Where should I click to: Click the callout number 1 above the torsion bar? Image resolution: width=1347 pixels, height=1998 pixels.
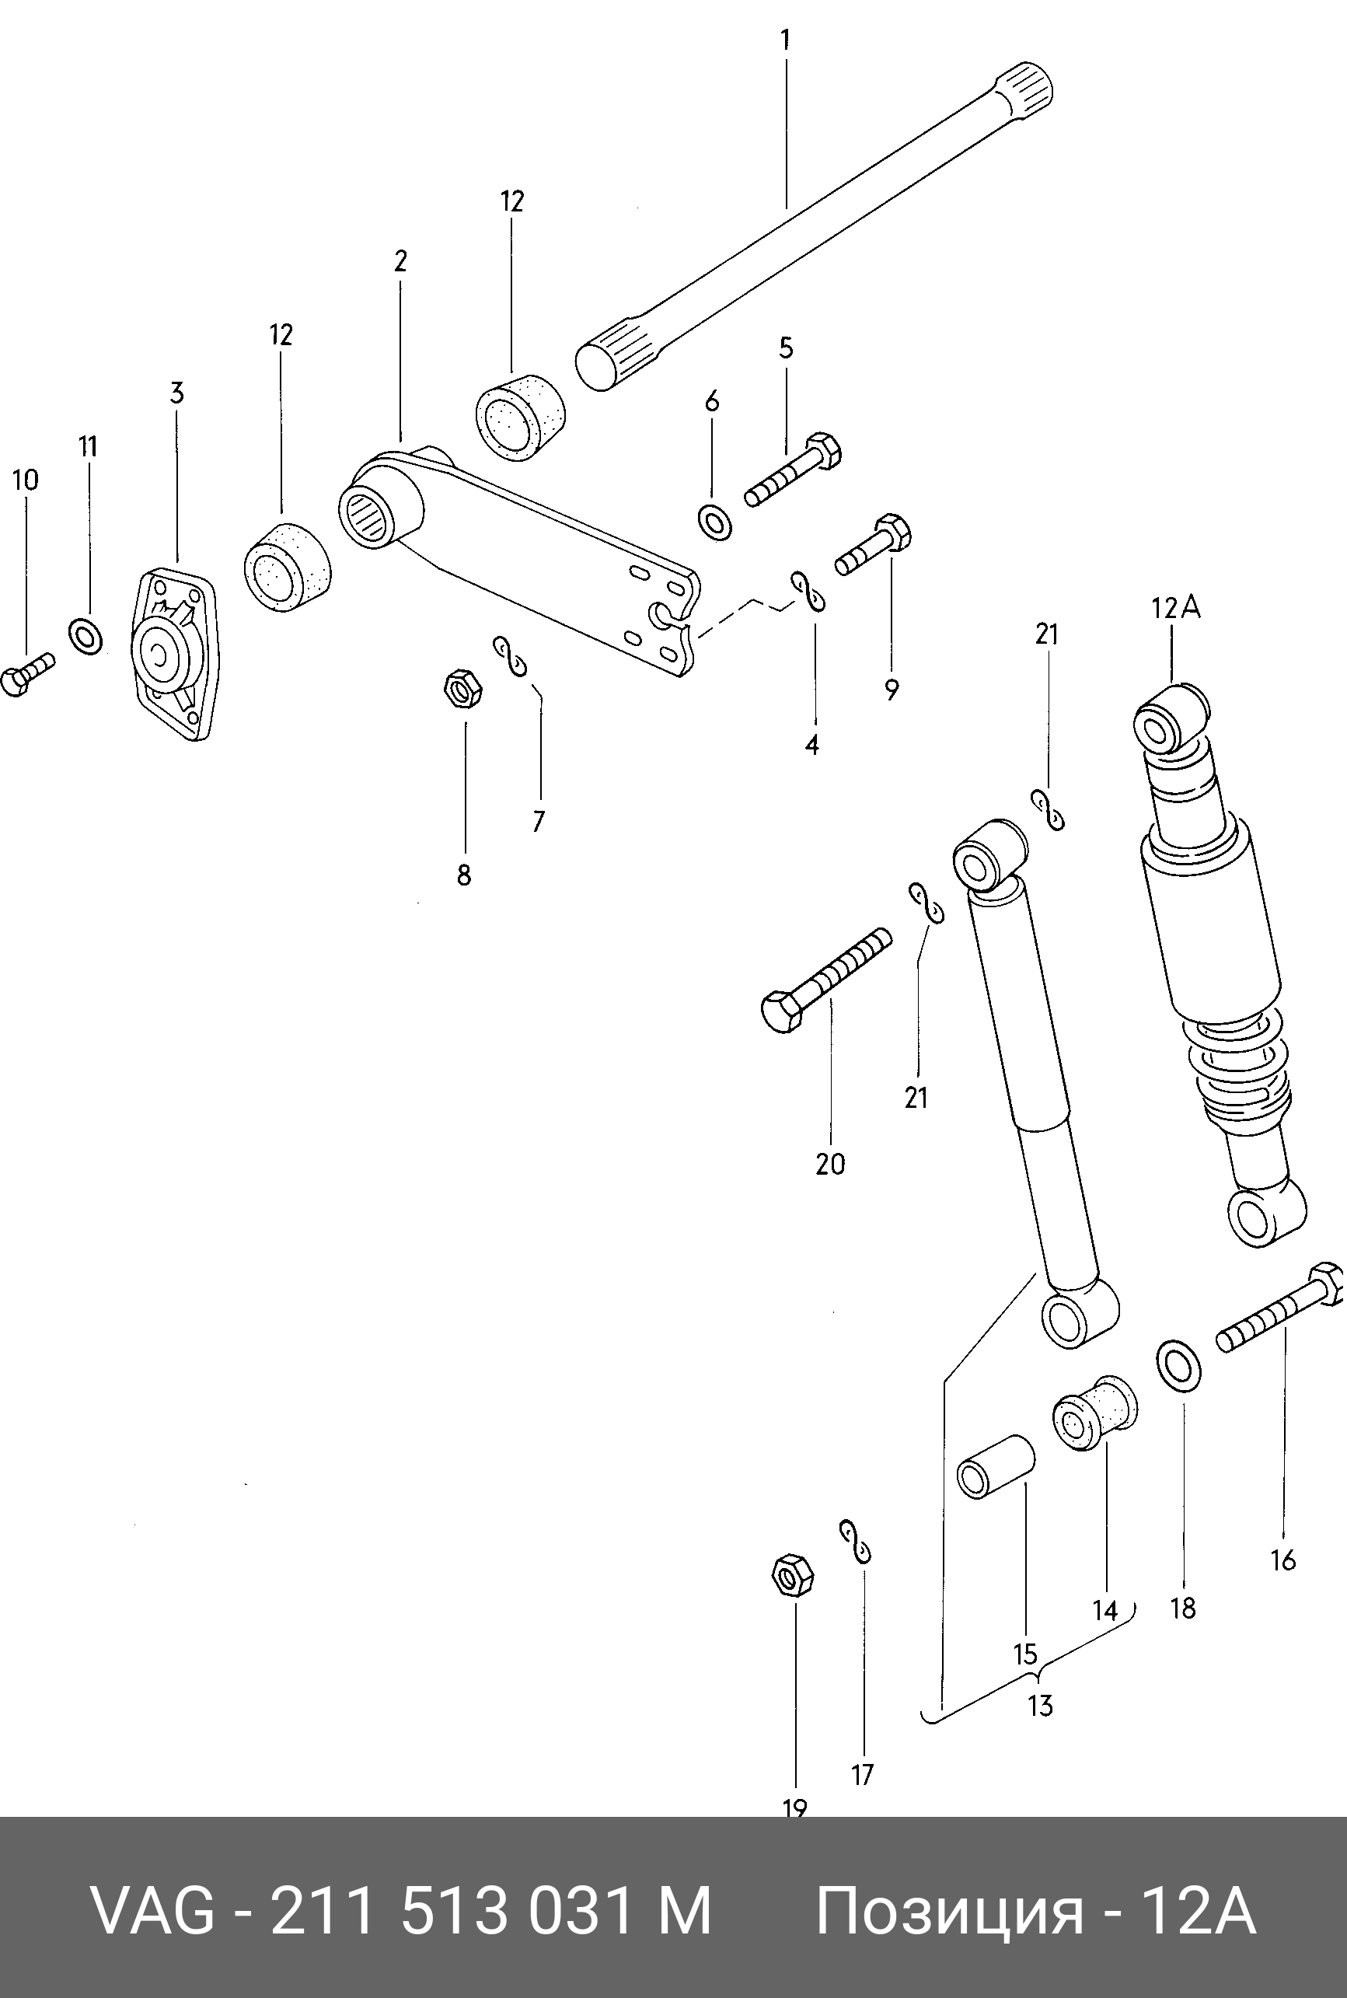[784, 40]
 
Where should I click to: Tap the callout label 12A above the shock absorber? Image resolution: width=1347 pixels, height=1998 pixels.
[1175, 608]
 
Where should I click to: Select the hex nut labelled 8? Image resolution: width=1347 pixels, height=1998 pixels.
[462, 688]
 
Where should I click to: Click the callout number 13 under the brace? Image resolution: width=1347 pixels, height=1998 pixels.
[1040, 1704]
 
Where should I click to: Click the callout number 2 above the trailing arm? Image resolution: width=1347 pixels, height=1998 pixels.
[400, 260]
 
